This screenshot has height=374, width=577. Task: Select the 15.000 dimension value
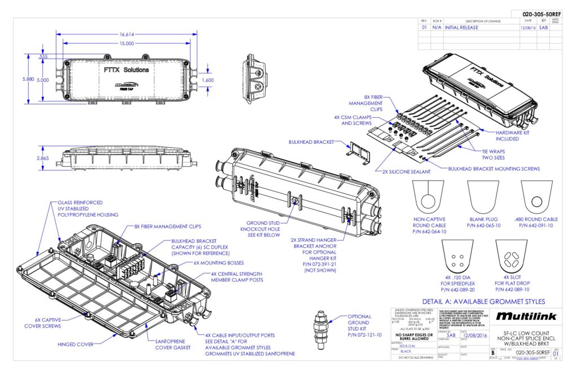click(127, 43)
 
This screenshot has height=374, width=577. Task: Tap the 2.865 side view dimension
click(43, 159)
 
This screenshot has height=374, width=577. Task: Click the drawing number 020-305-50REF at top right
click(542, 14)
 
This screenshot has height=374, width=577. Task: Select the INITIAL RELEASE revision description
click(461, 27)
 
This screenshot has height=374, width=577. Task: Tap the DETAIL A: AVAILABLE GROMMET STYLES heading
click(483, 301)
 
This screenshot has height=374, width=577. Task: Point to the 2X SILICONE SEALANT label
click(406, 171)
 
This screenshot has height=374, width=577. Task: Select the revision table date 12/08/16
click(527, 27)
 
